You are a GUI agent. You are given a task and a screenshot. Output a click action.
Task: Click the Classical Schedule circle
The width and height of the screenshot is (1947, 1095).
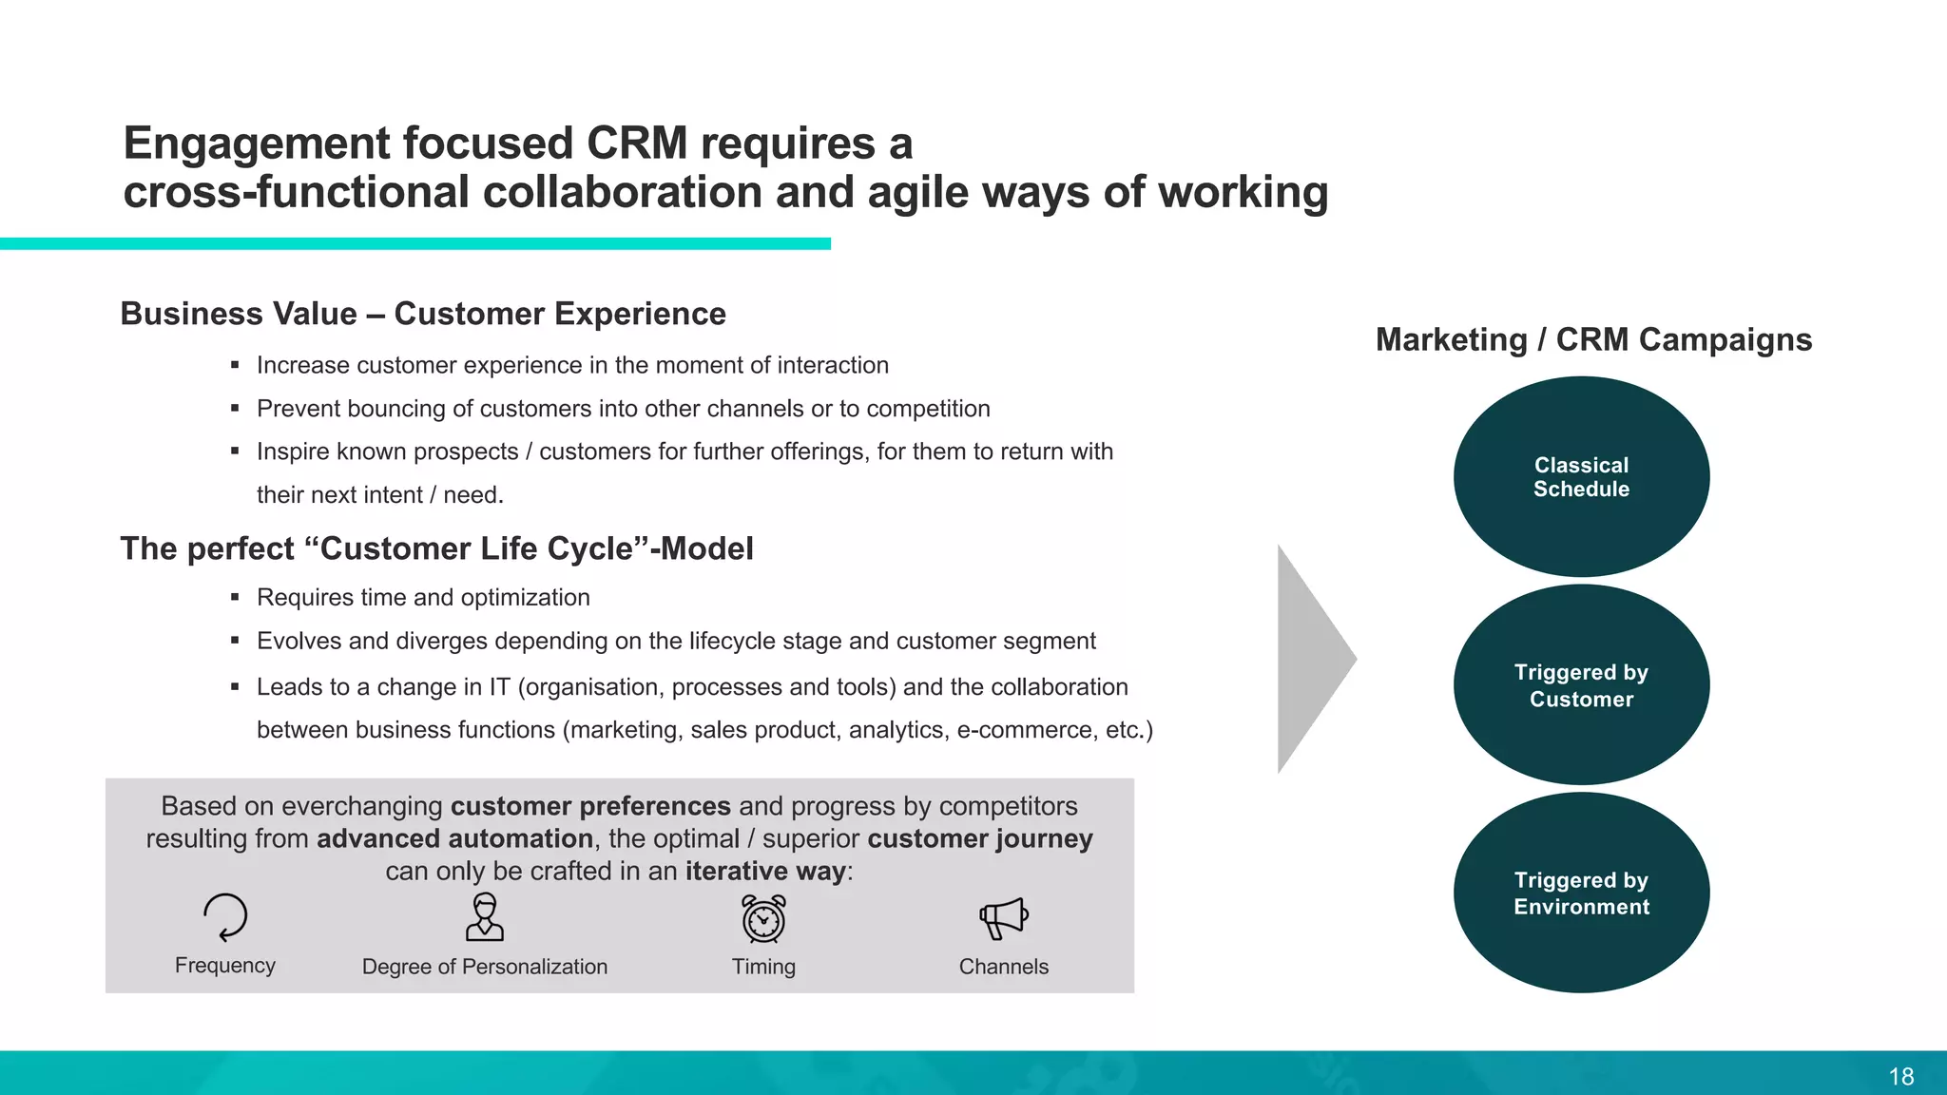(x=1581, y=476)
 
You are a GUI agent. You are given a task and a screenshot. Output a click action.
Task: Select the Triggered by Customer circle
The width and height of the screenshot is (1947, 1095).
(x=1581, y=684)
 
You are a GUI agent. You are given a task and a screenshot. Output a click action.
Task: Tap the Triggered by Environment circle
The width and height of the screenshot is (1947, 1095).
(x=1581, y=893)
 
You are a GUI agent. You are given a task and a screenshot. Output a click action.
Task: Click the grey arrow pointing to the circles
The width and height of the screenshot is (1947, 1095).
(x=1312, y=659)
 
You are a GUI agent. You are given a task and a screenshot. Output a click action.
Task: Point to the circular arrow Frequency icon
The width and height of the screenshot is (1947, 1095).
(x=225, y=917)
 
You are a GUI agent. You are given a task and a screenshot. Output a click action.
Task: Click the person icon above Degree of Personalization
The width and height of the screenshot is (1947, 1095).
(x=485, y=917)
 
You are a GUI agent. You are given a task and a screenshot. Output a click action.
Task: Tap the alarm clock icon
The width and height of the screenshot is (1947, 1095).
(x=763, y=919)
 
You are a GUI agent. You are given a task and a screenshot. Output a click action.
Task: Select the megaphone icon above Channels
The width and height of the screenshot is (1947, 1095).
(x=1003, y=918)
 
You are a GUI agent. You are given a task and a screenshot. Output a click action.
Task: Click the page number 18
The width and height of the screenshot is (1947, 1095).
(x=1900, y=1076)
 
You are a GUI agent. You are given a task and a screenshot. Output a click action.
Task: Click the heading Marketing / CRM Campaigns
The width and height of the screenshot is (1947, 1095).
(x=1593, y=339)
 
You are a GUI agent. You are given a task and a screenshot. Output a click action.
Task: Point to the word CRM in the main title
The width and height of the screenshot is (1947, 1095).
(x=636, y=144)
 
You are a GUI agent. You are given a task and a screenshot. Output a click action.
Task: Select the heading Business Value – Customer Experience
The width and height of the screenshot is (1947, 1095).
(x=423, y=314)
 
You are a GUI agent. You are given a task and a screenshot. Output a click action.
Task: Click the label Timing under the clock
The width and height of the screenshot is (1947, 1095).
(x=763, y=967)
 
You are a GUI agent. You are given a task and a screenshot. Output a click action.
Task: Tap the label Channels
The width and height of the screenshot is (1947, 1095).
(x=1003, y=967)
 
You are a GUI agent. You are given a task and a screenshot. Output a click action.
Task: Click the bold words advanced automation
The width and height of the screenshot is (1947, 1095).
(x=454, y=838)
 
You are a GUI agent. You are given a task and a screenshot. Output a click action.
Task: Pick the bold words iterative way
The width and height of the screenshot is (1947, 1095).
(x=765, y=871)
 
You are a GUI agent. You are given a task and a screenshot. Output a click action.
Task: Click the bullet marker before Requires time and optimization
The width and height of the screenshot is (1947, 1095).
(x=235, y=598)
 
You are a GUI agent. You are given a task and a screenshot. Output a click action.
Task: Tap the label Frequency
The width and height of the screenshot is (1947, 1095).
(x=225, y=966)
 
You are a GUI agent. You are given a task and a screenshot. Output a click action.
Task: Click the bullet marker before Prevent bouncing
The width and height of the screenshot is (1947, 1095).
(x=235, y=409)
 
